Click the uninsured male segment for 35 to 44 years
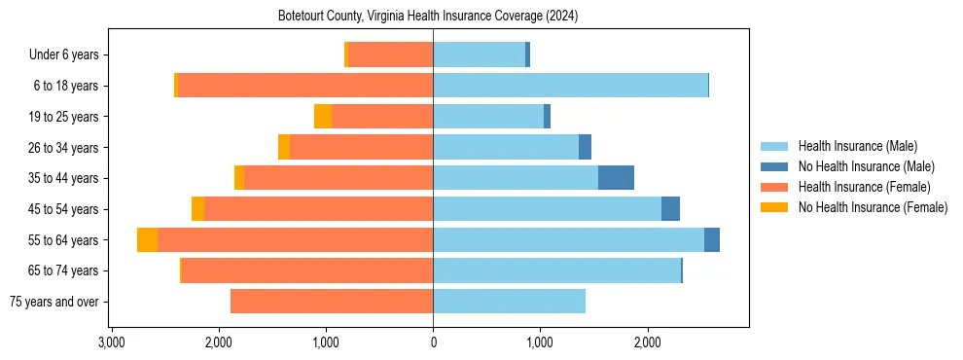(x=616, y=178)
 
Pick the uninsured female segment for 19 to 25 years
(x=323, y=117)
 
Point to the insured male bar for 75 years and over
(x=509, y=302)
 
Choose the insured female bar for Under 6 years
(x=390, y=55)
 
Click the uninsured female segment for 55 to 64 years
(x=147, y=240)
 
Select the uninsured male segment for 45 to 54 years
(x=670, y=209)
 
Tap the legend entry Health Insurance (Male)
(x=857, y=146)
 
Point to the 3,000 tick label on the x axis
(x=111, y=342)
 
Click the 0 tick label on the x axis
(x=433, y=342)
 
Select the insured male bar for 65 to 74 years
(x=556, y=270)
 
